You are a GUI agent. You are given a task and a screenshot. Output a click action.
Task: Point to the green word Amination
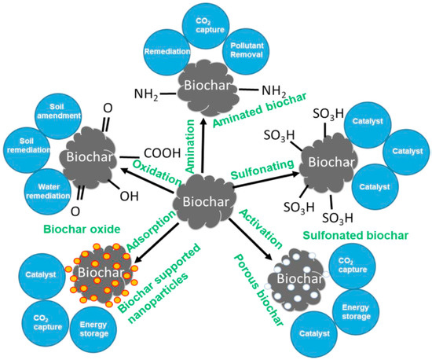(x=192, y=145)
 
